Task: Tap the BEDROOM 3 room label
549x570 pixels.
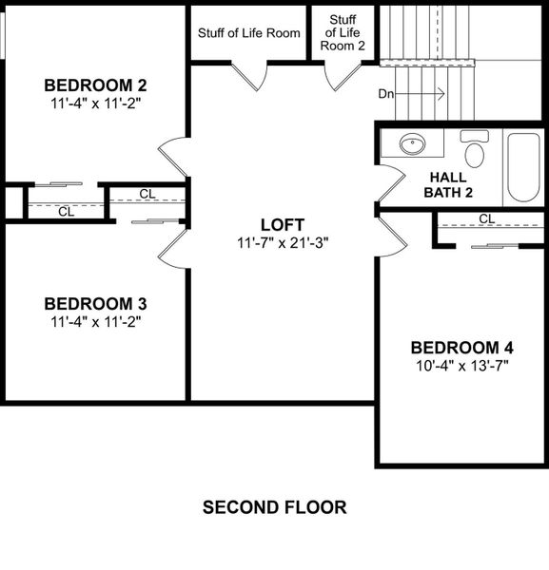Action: [x=95, y=304]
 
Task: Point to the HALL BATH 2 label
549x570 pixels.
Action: [x=448, y=185]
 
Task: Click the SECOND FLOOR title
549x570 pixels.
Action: [x=274, y=507]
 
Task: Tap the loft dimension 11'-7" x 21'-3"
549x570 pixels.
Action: [x=283, y=243]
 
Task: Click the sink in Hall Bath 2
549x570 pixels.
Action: [x=411, y=145]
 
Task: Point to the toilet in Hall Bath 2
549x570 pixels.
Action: [x=473, y=150]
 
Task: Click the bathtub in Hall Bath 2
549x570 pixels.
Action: [x=523, y=167]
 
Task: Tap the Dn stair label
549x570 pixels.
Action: [x=387, y=93]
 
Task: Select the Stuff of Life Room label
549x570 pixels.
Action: [x=249, y=33]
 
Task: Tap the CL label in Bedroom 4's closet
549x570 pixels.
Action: [x=487, y=218]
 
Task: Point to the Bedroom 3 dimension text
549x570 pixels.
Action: [x=95, y=322]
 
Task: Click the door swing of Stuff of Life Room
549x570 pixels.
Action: [x=250, y=76]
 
